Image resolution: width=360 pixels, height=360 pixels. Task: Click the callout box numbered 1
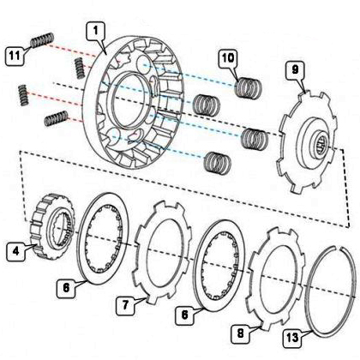[96, 31]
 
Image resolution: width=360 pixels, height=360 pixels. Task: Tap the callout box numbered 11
[15, 55]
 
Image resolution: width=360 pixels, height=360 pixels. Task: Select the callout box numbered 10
[228, 58]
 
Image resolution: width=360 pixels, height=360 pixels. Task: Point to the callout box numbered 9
[295, 69]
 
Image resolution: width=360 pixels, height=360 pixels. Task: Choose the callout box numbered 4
[15, 251]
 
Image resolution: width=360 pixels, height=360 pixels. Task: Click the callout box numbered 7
[125, 305]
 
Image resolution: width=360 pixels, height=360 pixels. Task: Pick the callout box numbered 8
[240, 333]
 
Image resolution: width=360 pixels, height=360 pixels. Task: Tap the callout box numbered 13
[292, 339]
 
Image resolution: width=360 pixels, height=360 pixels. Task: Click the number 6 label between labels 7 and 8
[184, 315]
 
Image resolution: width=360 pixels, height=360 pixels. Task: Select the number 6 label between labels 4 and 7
[66, 288]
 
